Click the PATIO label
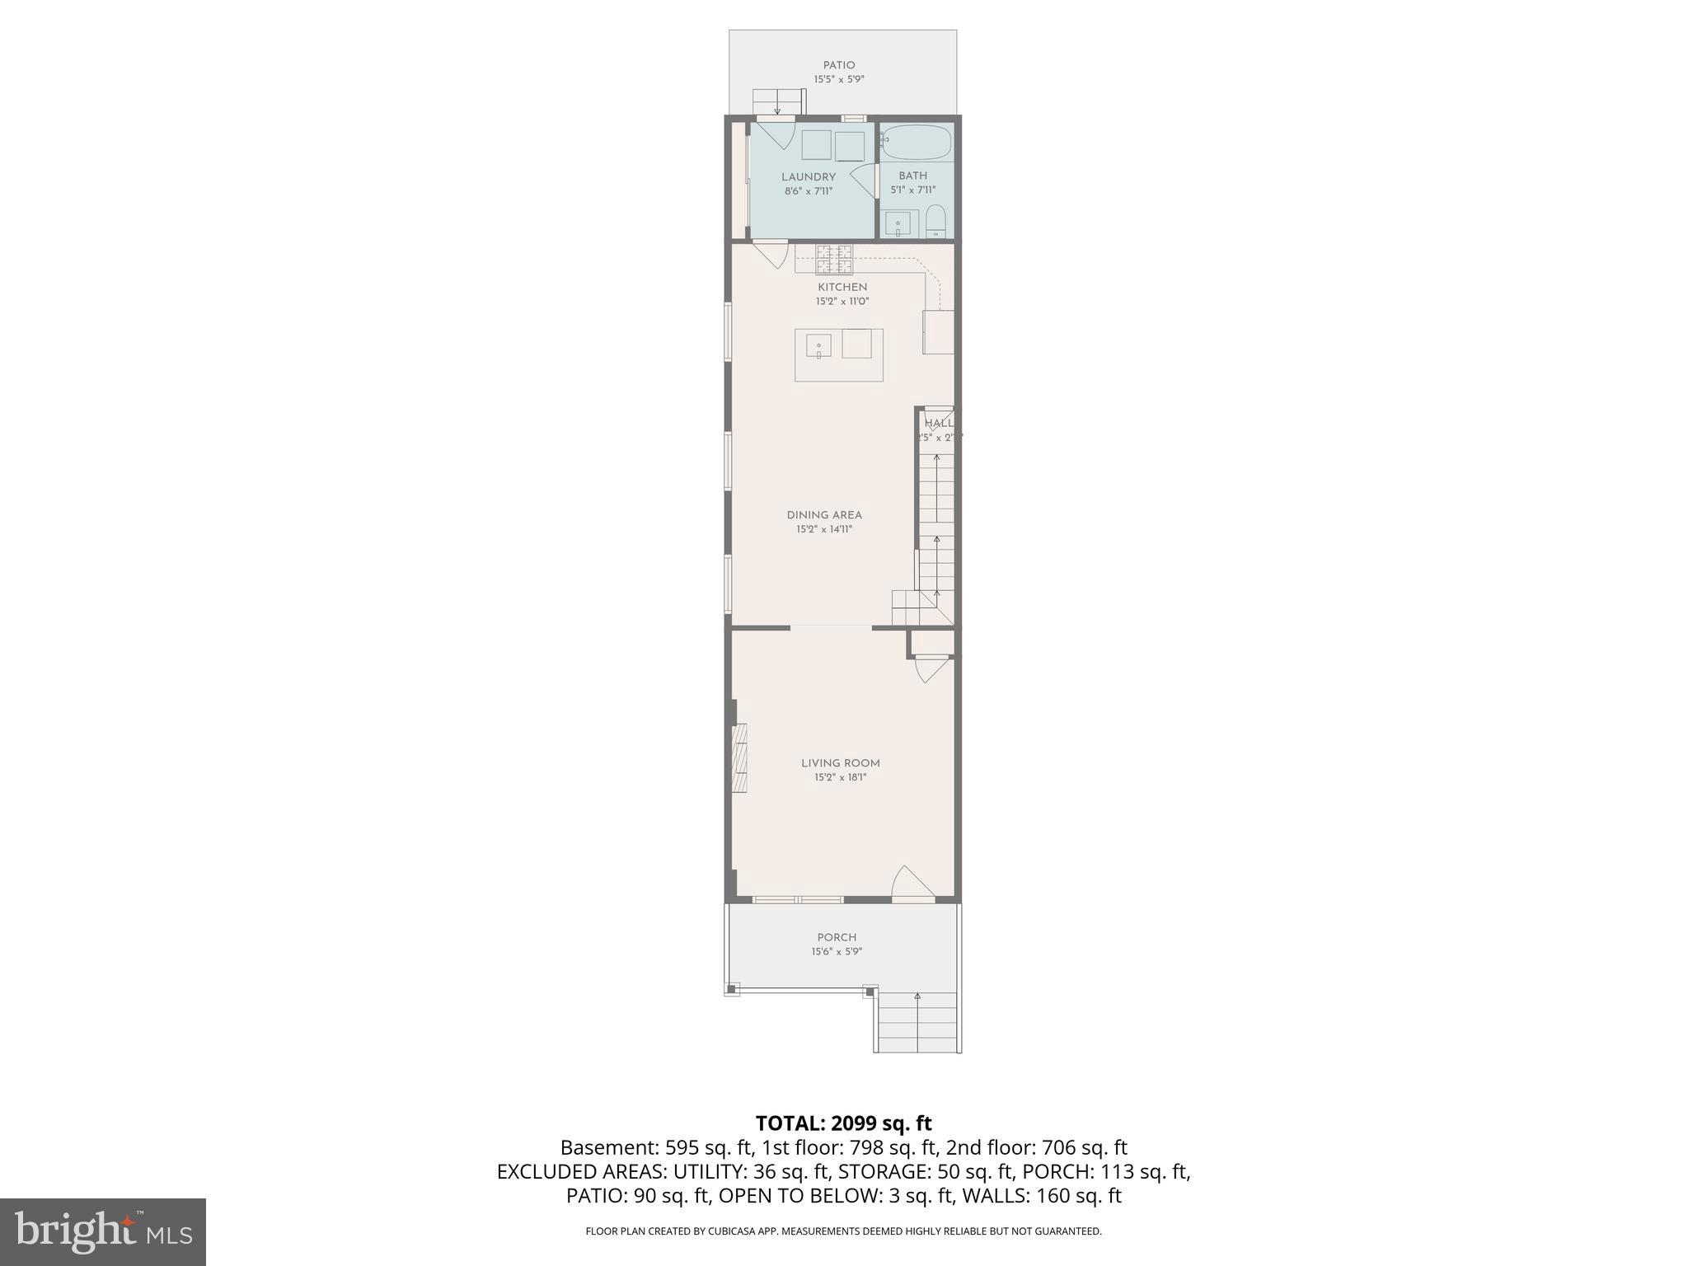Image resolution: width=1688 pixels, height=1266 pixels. tap(839, 65)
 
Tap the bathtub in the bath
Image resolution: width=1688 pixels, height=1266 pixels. tap(916, 143)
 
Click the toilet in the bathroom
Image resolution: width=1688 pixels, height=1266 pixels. tap(935, 223)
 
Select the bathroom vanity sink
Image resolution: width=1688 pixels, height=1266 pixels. tap(899, 223)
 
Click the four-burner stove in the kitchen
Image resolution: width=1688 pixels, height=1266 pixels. tap(834, 259)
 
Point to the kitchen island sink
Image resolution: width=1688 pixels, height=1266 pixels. tap(818, 346)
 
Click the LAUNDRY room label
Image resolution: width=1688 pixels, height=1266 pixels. tap(809, 176)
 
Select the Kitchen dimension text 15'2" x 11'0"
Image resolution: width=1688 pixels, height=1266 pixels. tap(842, 302)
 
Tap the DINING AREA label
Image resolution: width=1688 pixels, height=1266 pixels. tap(824, 515)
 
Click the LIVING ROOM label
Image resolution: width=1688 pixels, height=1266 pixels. tap(841, 763)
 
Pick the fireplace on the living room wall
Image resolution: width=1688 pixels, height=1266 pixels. tap(739, 758)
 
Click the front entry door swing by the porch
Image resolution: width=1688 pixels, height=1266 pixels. tap(912, 884)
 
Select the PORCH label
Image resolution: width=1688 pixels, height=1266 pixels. tap(837, 937)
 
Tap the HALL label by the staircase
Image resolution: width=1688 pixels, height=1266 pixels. tap(938, 423)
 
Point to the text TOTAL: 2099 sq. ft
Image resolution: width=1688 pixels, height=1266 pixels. tap(843, 1123)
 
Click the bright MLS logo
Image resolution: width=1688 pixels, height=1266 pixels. tap(103, 1231)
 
